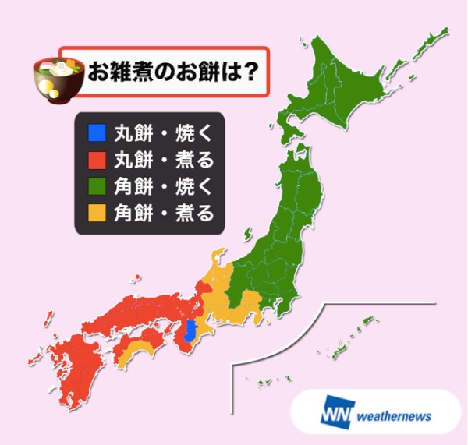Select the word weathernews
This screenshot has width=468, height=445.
pos(395,415)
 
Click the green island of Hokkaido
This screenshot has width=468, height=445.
pos(351,86)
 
